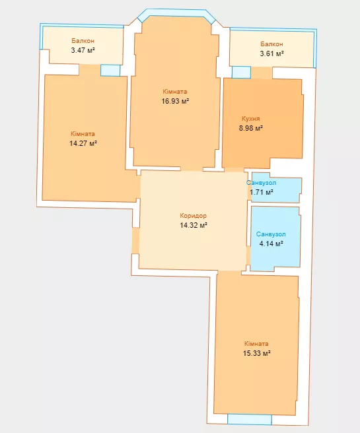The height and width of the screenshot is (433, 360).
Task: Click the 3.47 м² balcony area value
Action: coord(83,50)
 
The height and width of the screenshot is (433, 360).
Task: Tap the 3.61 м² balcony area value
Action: coord(272,53)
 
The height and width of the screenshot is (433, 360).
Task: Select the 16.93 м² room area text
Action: coord(175,101)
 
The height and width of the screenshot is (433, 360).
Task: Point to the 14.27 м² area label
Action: coord(83,143)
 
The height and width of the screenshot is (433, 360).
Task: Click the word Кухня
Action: coord(251,119)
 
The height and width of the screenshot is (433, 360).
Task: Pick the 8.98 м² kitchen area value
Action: coord(251,128)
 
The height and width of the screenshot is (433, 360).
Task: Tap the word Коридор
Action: coord(193,216)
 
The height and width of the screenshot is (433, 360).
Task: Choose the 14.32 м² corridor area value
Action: coord(194,225)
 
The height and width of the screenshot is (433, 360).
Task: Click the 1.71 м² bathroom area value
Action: coord(262,192)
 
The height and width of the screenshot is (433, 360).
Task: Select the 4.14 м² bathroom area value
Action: coord(271,244)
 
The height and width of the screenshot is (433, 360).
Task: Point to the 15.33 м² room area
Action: coord(257,353)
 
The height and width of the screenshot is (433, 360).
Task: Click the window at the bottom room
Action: coord(250,419)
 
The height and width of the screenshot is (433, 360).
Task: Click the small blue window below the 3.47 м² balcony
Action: coord(110,70)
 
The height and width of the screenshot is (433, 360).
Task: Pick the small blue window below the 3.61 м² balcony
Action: coord(241,73)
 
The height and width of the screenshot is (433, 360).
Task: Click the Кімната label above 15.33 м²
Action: coord(256,344)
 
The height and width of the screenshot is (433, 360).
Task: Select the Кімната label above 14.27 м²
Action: coord(83,134)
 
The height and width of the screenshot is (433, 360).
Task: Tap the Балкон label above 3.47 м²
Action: coord(83,41)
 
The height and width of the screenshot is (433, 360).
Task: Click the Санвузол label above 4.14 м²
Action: coord(271,234)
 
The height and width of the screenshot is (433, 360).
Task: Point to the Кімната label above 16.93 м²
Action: coord(175,91)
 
